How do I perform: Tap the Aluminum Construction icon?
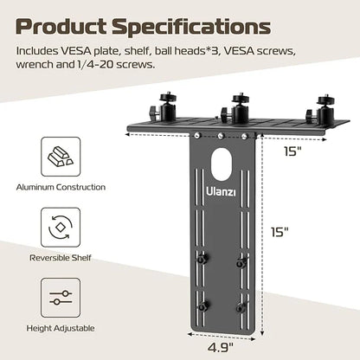coord(60,158)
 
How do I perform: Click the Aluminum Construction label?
coord(60,187)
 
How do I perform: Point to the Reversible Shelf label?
coord(60,256)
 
